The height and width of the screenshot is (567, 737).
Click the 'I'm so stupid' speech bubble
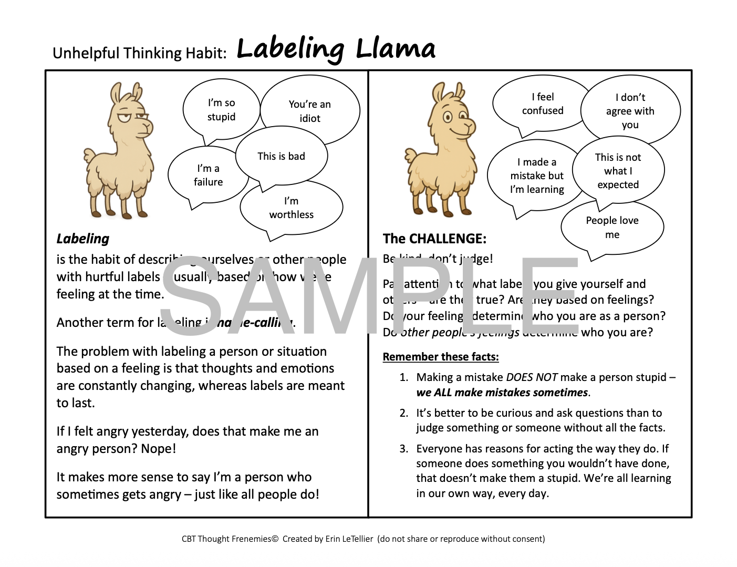point(221,110)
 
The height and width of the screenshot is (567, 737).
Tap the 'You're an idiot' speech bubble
point(310,111)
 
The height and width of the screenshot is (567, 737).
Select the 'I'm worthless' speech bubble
point(292,208)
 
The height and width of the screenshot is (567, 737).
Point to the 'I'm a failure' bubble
point(208,175)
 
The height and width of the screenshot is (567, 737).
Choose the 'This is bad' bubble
point(281,156)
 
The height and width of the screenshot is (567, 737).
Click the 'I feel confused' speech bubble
point(542,104)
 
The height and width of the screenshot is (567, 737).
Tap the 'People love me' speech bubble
point(612,227)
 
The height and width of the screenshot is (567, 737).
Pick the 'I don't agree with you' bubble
point(630,111)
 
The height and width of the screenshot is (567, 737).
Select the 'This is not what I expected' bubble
point(618,171)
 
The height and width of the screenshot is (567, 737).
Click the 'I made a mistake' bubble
point(536,176)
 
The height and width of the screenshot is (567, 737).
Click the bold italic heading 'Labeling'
point(83,239)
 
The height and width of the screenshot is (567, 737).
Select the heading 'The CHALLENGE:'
point(434,239)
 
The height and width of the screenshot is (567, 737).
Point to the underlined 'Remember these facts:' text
point(441,357)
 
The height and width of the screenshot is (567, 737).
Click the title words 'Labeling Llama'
point(336,49)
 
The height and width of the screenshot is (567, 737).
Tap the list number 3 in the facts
point(403,449)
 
